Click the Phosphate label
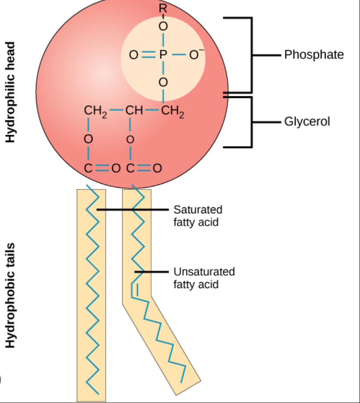[314, 55]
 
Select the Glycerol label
[307, 121]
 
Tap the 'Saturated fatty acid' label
[198, 216]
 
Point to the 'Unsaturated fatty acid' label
[204, 278]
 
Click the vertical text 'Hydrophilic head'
[10, 92]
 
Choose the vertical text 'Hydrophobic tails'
[10, 295]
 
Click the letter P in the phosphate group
[163, 54]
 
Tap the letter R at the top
[163, 8]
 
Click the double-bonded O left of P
[134, 55]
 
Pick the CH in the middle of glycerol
[134, 110]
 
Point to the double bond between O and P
[149, 54]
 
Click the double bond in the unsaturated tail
[135, 290]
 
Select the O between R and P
[163, 26]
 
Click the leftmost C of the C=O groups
[88, 169]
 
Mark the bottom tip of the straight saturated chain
[98, 394]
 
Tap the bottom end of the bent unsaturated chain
[181, 382]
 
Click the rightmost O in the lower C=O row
[158, 169]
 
